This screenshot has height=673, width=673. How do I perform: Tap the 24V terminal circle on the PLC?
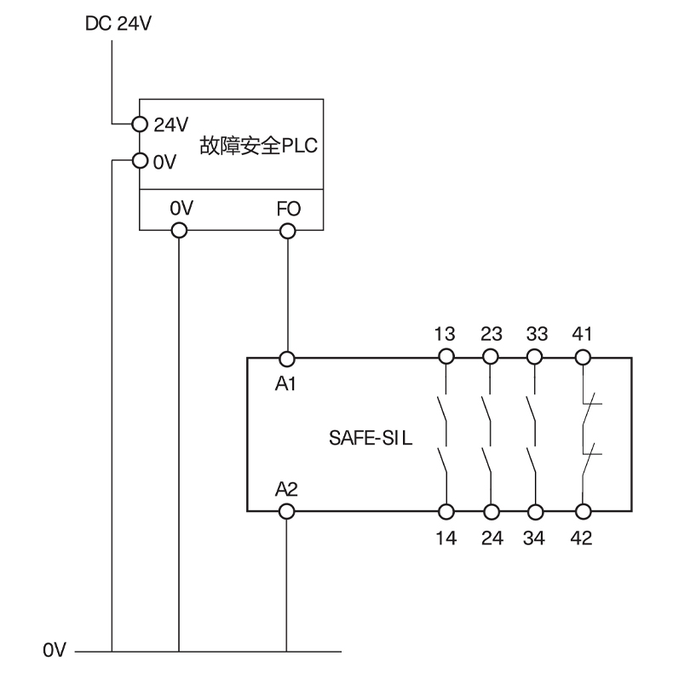[x=141, y=124]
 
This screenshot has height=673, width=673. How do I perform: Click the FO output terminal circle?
[x=288, y=230]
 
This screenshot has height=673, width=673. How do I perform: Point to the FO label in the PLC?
[x=288, y=208]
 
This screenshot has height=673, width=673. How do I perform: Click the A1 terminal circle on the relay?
[x=286, y=359]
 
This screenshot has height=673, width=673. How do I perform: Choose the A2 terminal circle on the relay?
[x=286, y=511]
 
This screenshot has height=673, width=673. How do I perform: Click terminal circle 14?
[x=445, y=511]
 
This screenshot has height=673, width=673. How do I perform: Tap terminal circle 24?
[x=491, y=511]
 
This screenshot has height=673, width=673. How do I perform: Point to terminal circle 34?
[x=536, y=511]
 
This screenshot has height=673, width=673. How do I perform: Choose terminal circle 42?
[x=583, y=511]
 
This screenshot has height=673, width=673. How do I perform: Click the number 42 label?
[x=583, y=539]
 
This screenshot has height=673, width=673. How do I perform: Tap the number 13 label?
[x=445, y=332]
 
